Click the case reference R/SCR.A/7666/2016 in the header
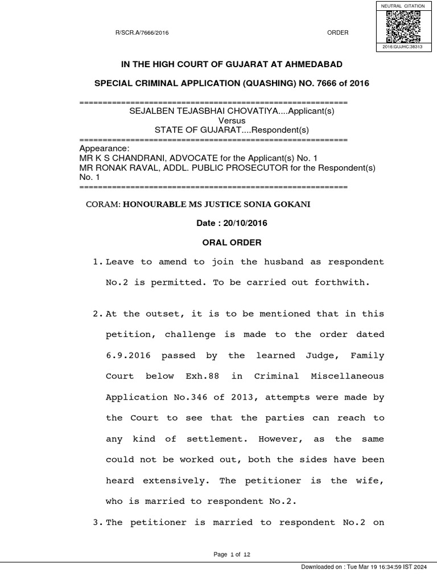click(142, 33)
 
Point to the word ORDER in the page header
click(337, 33)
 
